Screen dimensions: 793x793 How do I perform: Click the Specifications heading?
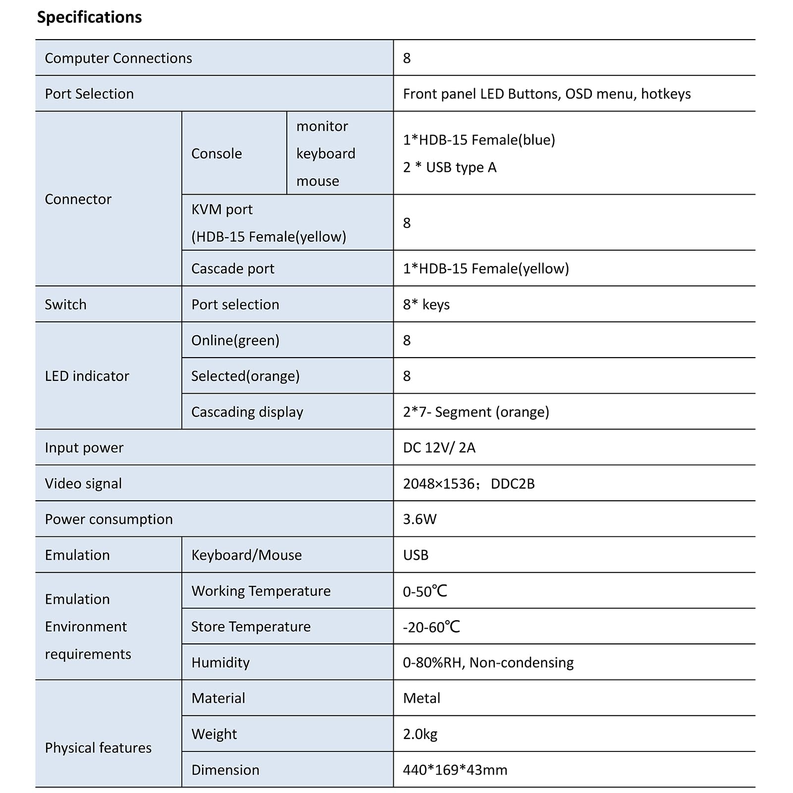89,17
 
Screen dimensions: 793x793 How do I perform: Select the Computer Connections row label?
118,58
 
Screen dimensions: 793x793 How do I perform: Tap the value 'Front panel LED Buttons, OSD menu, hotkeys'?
546,94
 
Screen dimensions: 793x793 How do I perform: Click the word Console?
216,154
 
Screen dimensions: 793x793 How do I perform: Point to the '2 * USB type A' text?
449,167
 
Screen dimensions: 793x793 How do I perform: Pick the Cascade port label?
232,268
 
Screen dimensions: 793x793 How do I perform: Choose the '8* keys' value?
426,304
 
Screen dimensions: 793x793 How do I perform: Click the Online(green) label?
235,340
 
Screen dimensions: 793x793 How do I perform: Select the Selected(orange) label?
245,376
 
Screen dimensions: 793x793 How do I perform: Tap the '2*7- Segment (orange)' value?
476,412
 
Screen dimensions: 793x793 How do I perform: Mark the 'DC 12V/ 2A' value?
439,448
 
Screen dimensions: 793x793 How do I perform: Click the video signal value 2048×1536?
439,483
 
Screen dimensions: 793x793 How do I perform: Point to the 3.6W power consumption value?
420,519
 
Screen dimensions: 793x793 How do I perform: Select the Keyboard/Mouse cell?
246,555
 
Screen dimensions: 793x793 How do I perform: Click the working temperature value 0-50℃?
424,591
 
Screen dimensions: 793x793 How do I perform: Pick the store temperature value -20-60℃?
431,627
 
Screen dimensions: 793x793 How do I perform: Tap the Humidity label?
220,662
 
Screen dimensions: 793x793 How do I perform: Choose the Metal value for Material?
422,698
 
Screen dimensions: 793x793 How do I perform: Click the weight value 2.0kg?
420,734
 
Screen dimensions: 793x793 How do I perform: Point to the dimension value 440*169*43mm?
455,770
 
